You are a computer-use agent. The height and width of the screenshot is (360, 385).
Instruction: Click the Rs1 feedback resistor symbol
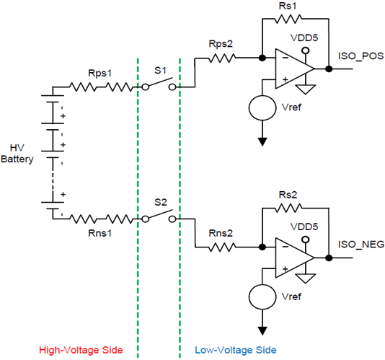pyautogui.click(x=288, y=19)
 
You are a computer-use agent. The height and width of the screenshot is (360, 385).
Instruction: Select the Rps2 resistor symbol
pyautogui.click(x=222, y=58)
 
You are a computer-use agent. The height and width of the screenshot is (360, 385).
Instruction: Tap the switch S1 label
pyautogui.click(x=160, y=71)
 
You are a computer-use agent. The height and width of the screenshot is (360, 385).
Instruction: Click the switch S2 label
pyautogui.click(x=161, y=202)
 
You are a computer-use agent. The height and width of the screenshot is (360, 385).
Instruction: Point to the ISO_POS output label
pyautogui.click(x=360, y=56)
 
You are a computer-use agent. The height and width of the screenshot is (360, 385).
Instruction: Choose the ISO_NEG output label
pyautogui.click(x=361, y=245)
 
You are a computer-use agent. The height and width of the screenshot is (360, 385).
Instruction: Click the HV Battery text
pyautogui.click(x=17, y=154)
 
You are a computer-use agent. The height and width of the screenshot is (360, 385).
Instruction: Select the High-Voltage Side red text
pyautogui.click(x=81, y=350)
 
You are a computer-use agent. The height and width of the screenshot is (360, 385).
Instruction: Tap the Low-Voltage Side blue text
pyautogui.click(x=236, y=350)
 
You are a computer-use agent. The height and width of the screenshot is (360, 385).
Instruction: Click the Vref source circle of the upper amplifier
pyautogui.click(x=262, y=107)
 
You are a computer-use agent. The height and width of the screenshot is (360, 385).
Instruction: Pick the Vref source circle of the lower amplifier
pyautogui.click(x=262, y=297)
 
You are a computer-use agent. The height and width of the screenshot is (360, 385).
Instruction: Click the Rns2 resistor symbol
pyautogui.click(x=222, y=247)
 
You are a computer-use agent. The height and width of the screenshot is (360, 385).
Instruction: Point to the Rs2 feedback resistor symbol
pyautogui.click(x=288, y=208)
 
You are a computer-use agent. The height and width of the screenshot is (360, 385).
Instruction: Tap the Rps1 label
pyautogui.click(x=100, y=73)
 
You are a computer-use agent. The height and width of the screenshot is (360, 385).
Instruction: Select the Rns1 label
pyautogui.click(x=100, y=233)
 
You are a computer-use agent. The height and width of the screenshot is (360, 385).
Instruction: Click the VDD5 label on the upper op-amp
pyautogui.click(x=304, y=38)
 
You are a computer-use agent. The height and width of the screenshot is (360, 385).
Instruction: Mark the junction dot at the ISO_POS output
pyautogui.click(x=329, y=69)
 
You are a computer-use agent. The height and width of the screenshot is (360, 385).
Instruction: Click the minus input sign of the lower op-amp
pyautogui.click(x=286, y=247)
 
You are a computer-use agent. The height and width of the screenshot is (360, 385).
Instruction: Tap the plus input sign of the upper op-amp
pyautogui.click(x=286, y=79)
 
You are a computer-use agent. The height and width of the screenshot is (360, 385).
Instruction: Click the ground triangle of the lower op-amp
pyautogui.click(x=306, y=278)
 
